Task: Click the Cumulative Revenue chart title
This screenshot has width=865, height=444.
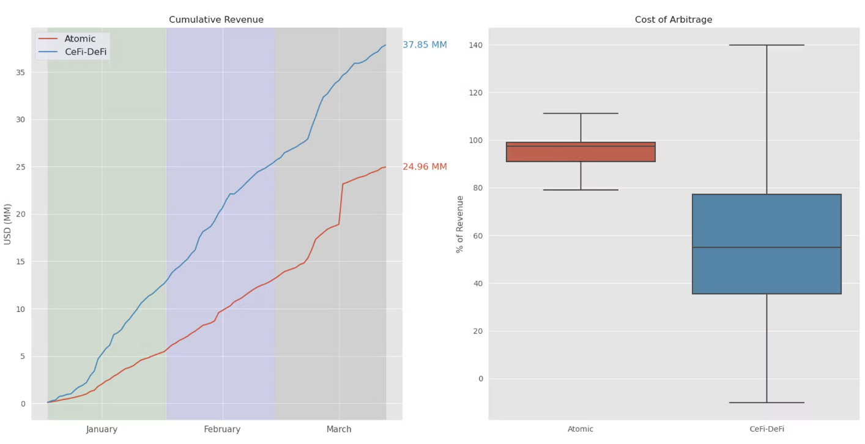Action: pyautogui.click(x=216, y=20)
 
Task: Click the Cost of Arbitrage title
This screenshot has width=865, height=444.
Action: pyautogui.click(x=673, y=20)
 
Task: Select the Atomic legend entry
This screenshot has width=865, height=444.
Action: pyautogui.click(x=80, y=39)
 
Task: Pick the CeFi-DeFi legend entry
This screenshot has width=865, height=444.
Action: pyautogui.click(x=85, y=52)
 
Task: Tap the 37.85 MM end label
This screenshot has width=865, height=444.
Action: pyautogui.click(x=425, y=45)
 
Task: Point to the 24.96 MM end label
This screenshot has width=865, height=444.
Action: pyautogui.click(x=425, y=167)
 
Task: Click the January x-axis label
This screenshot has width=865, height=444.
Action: pyautogui.click(x=102, y=429)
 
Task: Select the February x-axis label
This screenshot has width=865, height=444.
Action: pyautogui.click(x=222, y=429)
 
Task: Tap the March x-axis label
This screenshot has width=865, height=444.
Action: pyautogui.click(x=339, y=429)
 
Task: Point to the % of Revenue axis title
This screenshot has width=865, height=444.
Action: pyautogui.click(x=459, y=224)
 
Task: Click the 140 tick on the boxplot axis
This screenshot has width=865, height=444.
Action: pyautogui.click(x=475, y=45)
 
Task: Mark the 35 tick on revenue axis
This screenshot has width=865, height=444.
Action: pyautogui.click(x=21, y=72)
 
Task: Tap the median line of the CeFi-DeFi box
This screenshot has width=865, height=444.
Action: pyautogui.click(x=767, y=247)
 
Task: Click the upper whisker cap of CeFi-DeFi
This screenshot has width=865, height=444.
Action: pyautogui.click(x=767, y=45)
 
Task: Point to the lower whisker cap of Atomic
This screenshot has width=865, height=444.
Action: pyautogui.click(x=581, y=190)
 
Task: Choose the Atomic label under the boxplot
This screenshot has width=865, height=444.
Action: pyautogui.click(x=581, y=429)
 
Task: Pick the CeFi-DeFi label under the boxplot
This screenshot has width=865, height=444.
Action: pyautogui.click(x=767, y=429)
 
